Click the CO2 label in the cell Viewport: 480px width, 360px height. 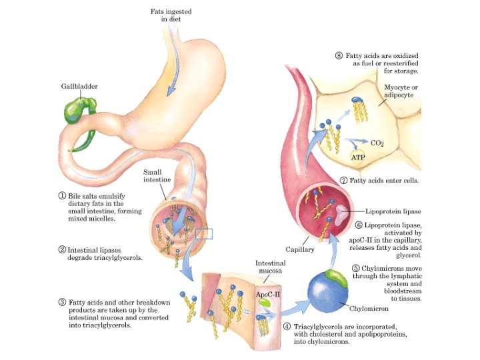click(377, 143)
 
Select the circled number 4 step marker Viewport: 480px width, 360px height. click(287, 327)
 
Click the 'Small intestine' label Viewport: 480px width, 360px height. click(152, 175)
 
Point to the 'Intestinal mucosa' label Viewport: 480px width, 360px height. click(271, 267)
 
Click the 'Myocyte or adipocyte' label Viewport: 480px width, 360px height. click(399, 91)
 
